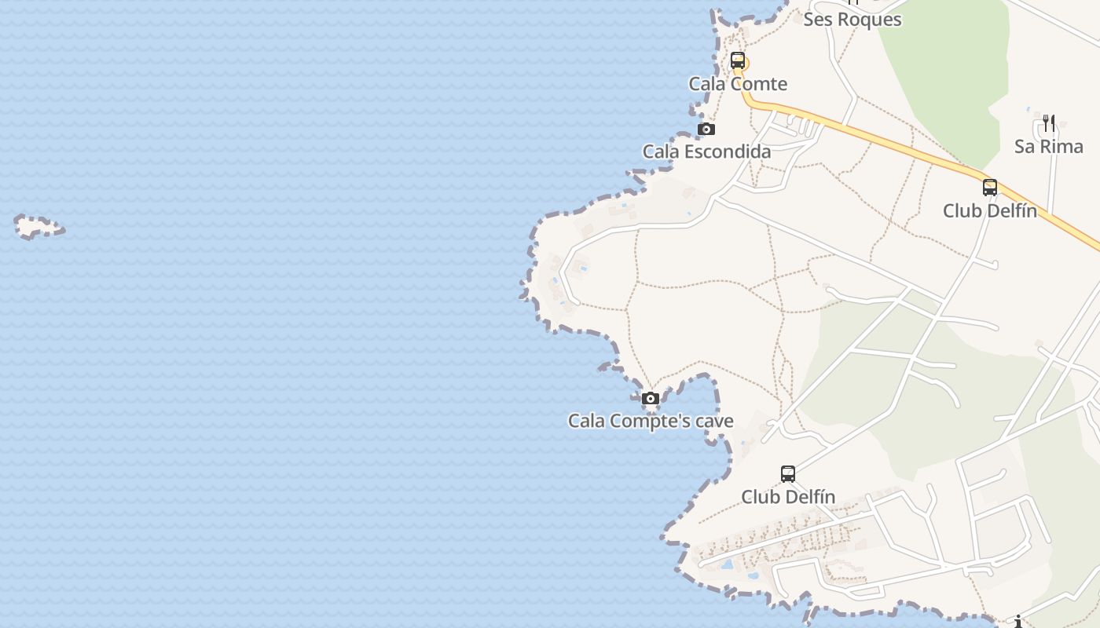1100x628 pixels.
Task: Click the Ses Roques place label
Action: (852, 19)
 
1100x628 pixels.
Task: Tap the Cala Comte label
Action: (738, 83)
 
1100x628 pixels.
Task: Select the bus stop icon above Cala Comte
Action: (737, 60)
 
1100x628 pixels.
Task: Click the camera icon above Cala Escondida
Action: (706, 129)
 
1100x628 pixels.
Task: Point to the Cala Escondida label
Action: (706, 152)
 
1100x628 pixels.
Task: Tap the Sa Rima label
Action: (1048, 146)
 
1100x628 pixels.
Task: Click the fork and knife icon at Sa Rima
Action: (1048, 122)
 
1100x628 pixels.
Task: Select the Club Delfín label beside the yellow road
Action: (989, 210)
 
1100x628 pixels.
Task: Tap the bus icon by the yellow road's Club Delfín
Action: (989, 188)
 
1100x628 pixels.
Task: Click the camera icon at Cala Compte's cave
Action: (650, 399)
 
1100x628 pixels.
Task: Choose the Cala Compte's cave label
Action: (651, 421)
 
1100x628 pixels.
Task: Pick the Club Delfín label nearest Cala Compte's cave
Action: (787, 496)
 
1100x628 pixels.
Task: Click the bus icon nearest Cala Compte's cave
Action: (787, 473)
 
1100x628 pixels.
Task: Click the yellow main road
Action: (904, 145)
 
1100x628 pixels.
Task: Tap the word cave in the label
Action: (714, 421)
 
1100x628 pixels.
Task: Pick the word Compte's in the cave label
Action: (649, 421)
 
